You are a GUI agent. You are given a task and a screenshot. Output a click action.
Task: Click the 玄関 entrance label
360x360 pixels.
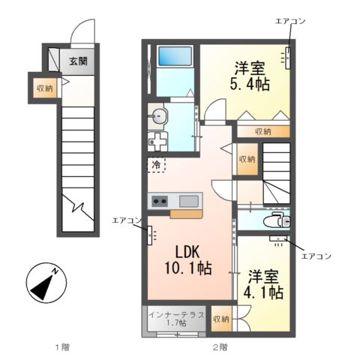pos(78,61)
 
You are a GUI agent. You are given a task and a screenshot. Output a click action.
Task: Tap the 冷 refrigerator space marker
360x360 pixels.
pos(156,165)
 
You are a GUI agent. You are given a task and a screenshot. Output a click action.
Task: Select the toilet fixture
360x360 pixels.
pos(277,220)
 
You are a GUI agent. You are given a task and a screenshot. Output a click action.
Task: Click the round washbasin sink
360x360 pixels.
pos(157,115)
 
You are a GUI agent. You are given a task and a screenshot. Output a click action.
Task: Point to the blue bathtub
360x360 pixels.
pos(175,56)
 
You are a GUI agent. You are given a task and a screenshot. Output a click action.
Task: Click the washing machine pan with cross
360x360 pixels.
pos(157,142)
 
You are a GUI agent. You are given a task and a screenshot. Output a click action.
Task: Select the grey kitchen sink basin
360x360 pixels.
pos(189,201)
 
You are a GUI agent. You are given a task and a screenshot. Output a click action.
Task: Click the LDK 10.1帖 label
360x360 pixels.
pos(187,260)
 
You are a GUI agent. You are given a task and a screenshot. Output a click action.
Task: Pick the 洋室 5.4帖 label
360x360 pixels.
pos(250,76)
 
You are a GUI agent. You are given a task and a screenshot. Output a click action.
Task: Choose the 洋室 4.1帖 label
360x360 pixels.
pos(263,284)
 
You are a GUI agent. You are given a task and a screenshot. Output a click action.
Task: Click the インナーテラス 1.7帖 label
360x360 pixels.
pos(176,319)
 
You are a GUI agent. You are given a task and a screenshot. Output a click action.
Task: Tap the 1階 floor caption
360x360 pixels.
pos(62,347)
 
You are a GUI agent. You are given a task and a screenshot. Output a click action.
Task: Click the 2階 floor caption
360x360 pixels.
pos(220,347)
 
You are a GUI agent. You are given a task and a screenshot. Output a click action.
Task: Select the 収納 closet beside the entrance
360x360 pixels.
pos(45,88)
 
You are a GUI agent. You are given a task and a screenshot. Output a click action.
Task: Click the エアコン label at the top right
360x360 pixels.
pos(290,21)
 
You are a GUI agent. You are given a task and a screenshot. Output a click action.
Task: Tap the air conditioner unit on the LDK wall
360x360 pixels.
pos(150,235)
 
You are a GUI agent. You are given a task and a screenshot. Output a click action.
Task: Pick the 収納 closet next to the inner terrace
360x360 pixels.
pos(221,319)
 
